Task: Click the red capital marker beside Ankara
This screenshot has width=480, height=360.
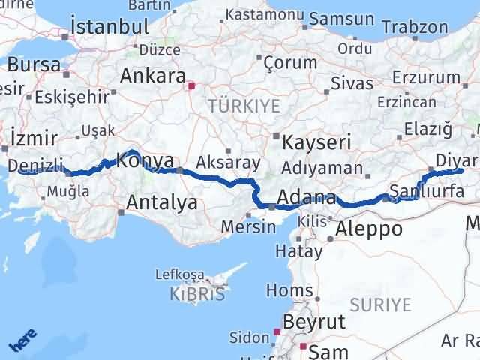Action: click(191, 85)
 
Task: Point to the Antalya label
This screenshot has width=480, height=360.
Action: click(162, 202)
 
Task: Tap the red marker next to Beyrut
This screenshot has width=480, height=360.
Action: click(277, 331)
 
